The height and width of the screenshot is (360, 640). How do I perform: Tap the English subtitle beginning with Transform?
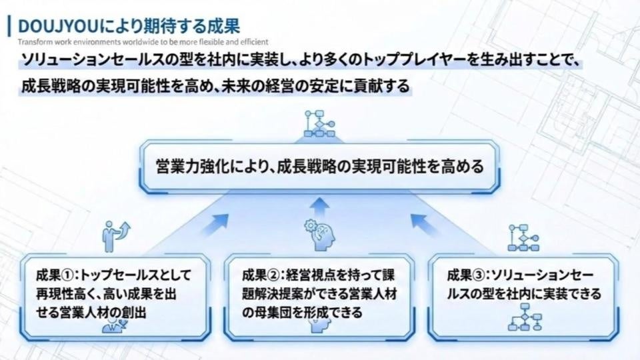(144, 42)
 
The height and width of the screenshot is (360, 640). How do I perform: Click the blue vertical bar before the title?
(9, 27)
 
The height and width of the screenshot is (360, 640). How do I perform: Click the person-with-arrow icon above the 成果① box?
(115, 234)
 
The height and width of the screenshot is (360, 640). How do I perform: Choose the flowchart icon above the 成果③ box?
(523, 237)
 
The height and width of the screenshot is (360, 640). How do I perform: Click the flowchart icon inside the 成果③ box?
(523, 316)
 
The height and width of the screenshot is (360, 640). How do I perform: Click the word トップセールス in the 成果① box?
(130, 275)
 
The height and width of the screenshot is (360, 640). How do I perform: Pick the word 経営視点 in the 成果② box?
(317, 275)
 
